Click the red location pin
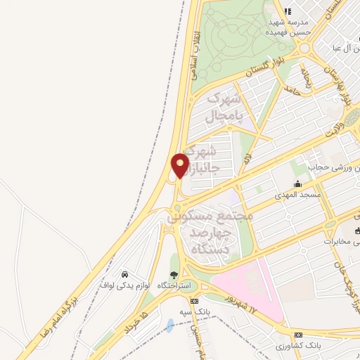[180, 165]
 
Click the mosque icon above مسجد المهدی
[297, 184]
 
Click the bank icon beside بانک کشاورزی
[298, 335]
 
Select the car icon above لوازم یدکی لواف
[124, 274]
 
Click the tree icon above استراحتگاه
[174, 275]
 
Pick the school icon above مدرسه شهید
[287, 11]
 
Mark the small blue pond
[170, 326]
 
